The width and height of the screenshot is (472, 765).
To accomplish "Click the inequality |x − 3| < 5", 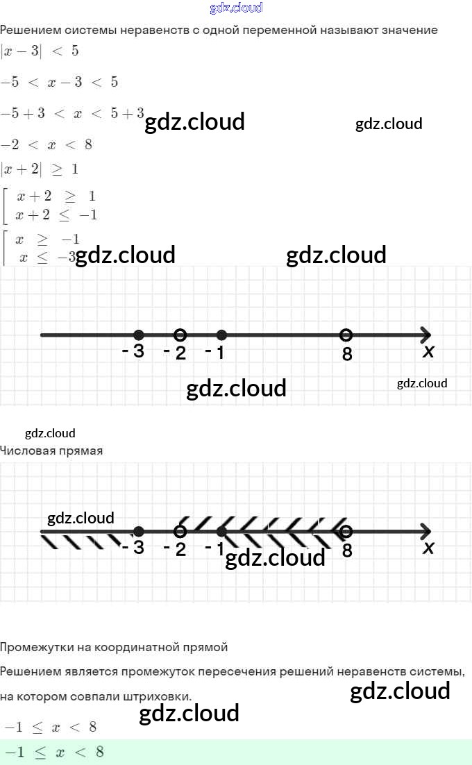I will point(40,51).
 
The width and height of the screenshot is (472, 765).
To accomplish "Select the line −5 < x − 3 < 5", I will point(59,83).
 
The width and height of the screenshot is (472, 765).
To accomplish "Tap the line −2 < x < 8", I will point(47,145).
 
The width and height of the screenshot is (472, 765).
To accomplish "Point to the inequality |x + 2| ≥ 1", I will point(40,169).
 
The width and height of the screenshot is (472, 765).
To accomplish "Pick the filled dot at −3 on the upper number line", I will point(139,335).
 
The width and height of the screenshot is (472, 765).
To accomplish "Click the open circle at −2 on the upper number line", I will point(180,335).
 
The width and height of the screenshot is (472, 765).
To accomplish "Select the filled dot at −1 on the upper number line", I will point(221,335).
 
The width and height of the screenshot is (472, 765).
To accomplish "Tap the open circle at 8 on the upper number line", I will point(346,335).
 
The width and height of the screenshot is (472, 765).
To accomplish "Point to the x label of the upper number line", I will point(428,352).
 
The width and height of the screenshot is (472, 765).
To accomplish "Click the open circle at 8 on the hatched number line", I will point(346,532).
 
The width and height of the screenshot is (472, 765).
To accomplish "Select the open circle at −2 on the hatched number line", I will point(180,532).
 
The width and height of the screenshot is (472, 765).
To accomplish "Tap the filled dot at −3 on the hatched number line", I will point(139,532).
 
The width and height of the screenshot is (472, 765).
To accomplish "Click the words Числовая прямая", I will point(51,451).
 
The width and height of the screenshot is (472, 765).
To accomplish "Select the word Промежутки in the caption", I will point(33,648).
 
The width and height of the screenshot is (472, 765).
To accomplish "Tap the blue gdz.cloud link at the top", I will point(236,8).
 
